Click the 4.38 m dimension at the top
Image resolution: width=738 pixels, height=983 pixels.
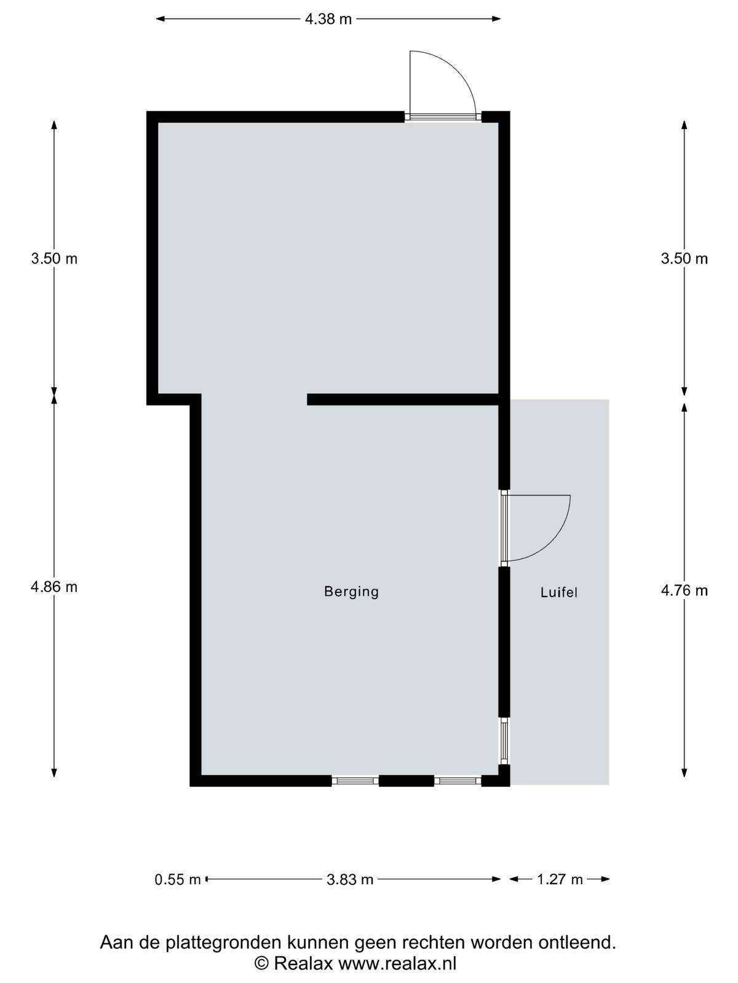[328, 19]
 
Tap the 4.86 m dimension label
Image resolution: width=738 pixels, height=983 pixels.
[54, 587]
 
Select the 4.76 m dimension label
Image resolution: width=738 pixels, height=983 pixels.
[684, 590]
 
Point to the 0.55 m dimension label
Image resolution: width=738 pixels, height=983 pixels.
[178, 880]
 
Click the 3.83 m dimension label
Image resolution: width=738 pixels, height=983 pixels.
[349, 880]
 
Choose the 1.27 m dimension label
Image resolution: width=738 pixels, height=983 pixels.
[560, 880]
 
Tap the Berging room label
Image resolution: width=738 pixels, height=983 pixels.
[351, 592]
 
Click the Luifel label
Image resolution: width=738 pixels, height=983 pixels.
[559, 592]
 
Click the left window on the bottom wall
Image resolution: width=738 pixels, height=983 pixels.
[355, 781]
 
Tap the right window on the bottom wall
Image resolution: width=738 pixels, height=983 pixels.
[458, 781]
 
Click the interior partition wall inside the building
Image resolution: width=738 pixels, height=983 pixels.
[403, 399]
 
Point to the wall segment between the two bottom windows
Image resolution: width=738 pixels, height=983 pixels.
[407, 781]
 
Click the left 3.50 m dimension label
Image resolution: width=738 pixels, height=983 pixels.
[54, 259]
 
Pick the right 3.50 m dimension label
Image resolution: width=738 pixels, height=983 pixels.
[684, 259]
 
